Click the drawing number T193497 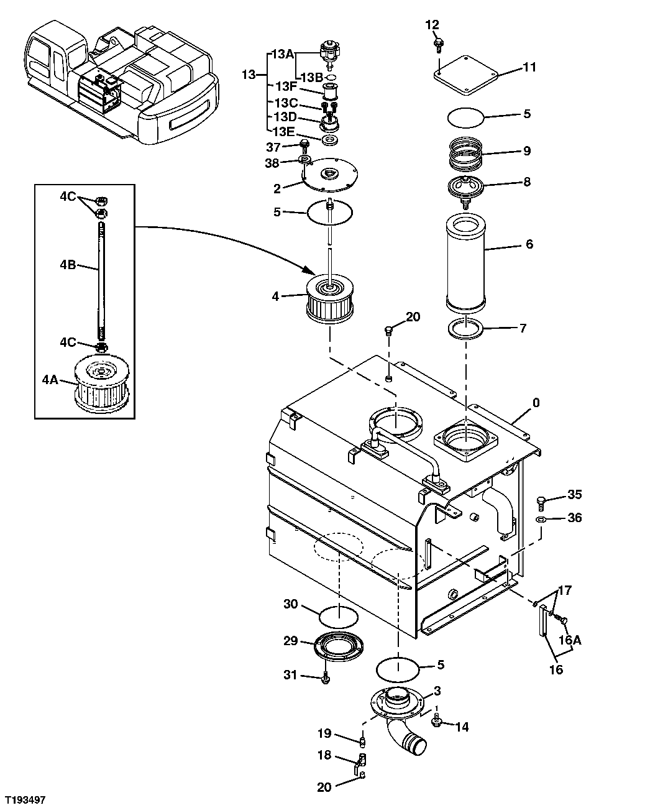(26, 798)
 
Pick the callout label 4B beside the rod (68, 264)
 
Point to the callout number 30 (291, 604)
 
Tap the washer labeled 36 (541, 518)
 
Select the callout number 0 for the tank (536, 403)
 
